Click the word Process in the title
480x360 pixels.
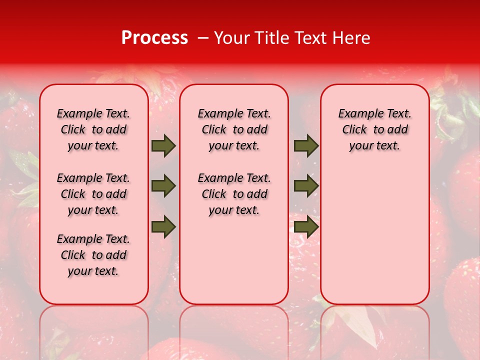coord(154,38)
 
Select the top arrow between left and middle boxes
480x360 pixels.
coord(163,145)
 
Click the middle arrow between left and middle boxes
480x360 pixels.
coord(163,186)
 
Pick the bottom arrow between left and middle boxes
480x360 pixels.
coord(163,227)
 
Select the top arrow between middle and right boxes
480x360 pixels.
coord(306,145)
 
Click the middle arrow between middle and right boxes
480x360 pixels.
coord(306,186)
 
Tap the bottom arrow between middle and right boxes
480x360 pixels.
coord(306,227)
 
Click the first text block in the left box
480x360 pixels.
coord(93,129)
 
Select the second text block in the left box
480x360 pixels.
coord(93,194)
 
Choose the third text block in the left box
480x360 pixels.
coord(93,255)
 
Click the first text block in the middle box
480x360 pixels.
coord(234,129)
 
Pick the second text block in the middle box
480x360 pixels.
coord(234,194)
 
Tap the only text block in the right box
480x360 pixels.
coord(374,129)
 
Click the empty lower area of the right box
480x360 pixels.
coord(374,240)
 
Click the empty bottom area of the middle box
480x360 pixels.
coord(234,265)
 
